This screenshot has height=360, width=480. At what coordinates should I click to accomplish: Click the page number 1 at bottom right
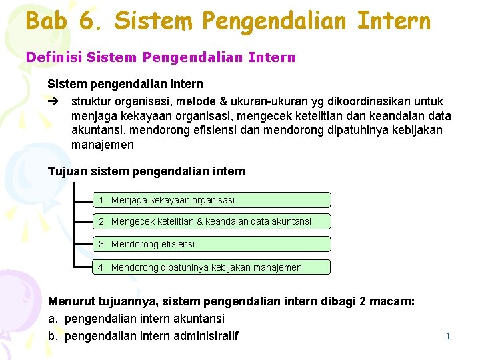click(448, 336)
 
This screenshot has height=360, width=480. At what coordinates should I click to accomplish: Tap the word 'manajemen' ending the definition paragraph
click(103, 145)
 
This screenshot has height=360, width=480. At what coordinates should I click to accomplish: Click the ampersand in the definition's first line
click(233, 101)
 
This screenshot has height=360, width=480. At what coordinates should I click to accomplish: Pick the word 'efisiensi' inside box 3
click(177, 244)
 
